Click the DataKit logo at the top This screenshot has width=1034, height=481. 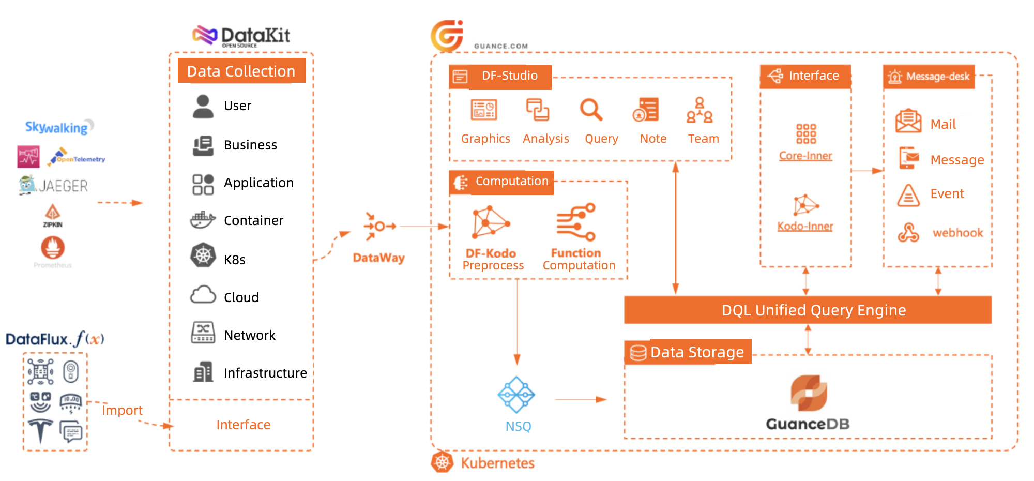coord(241,36)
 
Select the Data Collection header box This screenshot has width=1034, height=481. coord(241,71)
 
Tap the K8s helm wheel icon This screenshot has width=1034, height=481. coord(203,255)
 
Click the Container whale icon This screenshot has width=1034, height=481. coord(203,220)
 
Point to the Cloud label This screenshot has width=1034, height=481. coord(241,297)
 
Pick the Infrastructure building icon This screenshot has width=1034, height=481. coord(203,372)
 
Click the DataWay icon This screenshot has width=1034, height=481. coord(379,226)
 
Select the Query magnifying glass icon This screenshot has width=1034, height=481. coord(591,110)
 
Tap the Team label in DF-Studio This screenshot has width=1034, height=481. coord(703,139)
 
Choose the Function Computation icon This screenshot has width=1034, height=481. coord(576,222)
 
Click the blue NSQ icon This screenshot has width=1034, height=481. coord(516,395)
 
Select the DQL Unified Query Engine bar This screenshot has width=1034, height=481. coord(808,310)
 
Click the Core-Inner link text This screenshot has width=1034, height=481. coord(805,156)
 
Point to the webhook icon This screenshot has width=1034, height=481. coord(908,232)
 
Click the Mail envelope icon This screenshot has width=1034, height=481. coord(908,121)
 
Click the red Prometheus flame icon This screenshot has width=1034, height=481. coord(53,247)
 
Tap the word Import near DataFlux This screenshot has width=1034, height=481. coord(122,410)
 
